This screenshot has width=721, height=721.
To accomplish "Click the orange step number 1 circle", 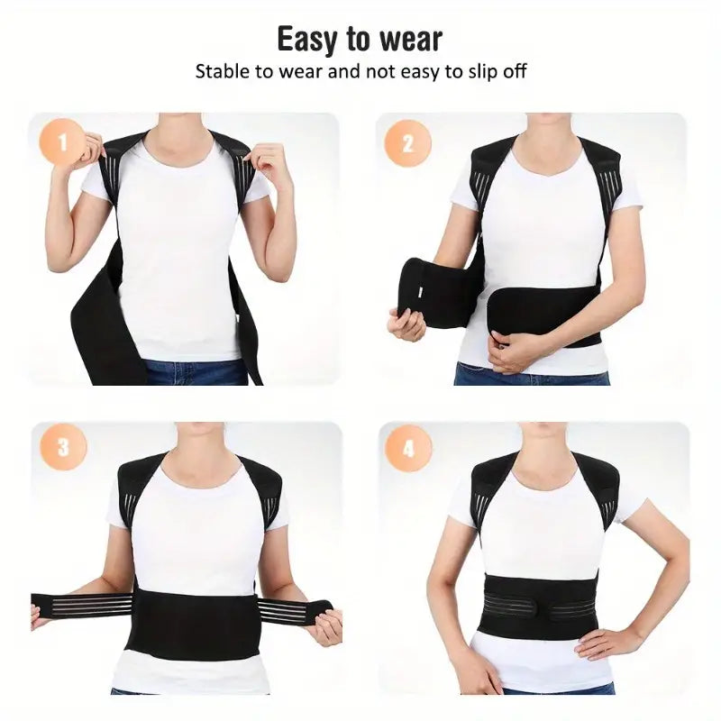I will tap(63, 141).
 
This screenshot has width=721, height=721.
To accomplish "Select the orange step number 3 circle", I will tap(63, 447).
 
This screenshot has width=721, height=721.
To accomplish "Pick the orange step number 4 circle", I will tap(408, 447).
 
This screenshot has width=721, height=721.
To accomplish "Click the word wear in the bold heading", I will tap(407, 40).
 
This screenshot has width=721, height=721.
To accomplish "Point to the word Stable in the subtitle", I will tap(222, 71).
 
